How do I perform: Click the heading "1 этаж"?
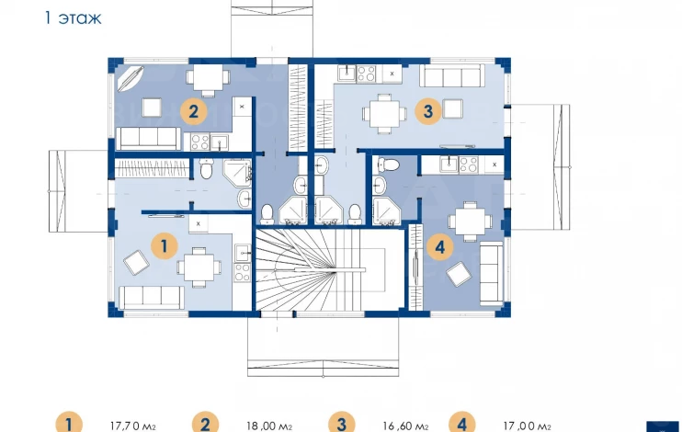point(74,17)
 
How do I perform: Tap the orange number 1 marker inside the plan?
point(164,246)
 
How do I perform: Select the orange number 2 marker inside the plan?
point(193,112)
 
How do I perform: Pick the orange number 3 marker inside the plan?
point(428,111)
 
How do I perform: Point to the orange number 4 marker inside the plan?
point(439,247)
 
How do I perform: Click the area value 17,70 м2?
point(132,426)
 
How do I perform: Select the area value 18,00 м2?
point(269,426)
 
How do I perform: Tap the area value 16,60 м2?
point(406,426)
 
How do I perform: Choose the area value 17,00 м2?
point(528,426)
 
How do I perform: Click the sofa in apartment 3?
point(452,76)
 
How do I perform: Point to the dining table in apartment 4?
point(470,222)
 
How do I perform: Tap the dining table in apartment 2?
point(208,81)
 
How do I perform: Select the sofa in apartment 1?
point(152,298)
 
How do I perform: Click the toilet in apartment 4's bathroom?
point(389,165)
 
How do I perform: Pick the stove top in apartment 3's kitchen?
point(366,74)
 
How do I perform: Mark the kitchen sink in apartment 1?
point(243,253)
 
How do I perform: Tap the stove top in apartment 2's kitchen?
point(200,142)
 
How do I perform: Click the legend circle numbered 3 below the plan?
point(341,424)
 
